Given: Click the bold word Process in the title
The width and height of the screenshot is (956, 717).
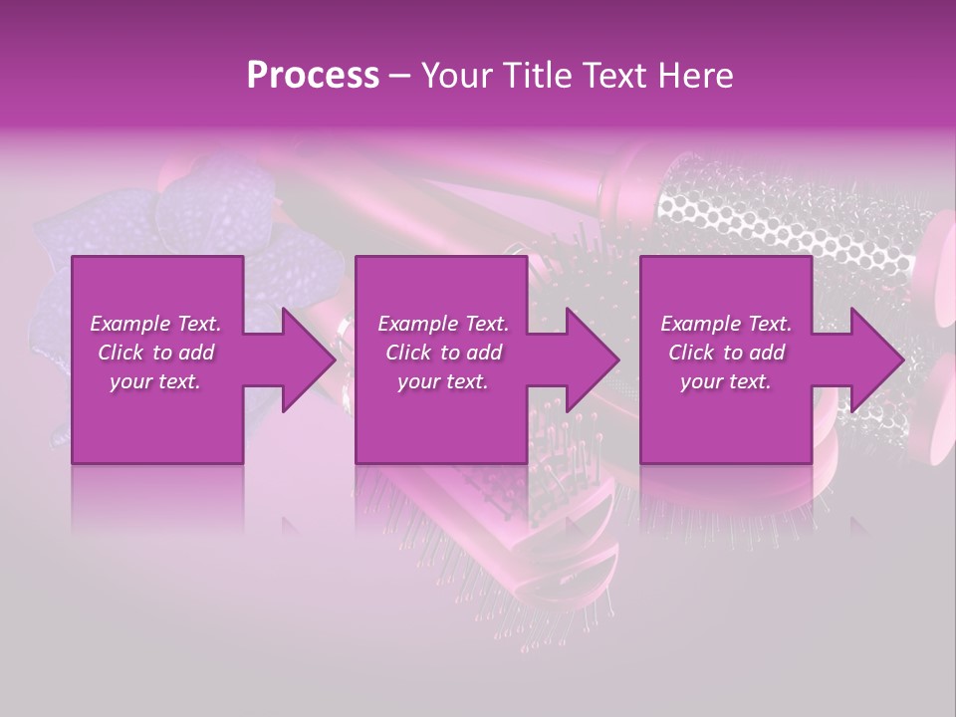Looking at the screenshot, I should tap(313, 76).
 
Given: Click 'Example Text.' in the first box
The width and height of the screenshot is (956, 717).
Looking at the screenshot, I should tap(155, 324).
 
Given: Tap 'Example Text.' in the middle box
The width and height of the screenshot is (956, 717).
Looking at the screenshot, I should tap(443, 324).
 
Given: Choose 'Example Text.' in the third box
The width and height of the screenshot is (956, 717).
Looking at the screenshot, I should tap(726, 324).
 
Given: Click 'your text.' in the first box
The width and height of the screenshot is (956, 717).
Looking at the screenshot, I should tap(155, 381).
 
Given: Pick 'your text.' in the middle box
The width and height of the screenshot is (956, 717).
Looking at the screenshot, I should tap(443, 381).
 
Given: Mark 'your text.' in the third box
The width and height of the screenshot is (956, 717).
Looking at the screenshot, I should tap(726, 381).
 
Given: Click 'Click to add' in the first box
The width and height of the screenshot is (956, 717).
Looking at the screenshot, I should tap(155, 353).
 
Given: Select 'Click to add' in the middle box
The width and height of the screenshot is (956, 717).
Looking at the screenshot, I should tap(443, 353).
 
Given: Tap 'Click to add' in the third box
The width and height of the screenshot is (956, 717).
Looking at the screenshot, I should tap(726, 353).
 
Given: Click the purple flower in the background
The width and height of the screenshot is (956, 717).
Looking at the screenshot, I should tap(199, 214).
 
